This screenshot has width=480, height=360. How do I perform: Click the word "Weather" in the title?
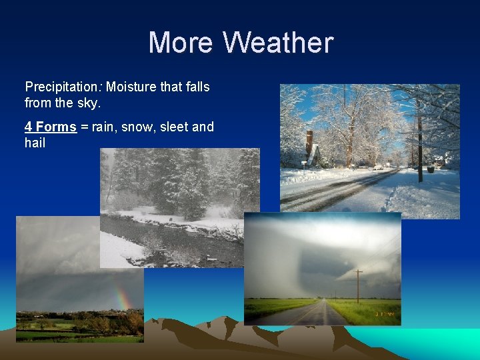click(x=278, y=43)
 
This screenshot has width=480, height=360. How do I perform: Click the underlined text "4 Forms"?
click(x=51, y=127)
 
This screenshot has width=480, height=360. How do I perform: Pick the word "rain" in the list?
click(x=103, y=127)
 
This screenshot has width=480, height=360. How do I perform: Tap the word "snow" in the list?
click(x=137, y=127)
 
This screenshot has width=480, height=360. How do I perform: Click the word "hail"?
click(x=35, y=143)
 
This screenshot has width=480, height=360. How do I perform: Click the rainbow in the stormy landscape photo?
click(x=122, y=293)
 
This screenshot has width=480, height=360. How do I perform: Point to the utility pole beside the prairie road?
click(x=359, y=285)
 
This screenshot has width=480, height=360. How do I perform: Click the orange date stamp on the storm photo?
click(x=385, y=313)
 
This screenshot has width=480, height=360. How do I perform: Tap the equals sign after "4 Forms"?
click(x=85, y=127)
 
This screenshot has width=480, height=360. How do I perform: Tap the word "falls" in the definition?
click(x=197, y=87)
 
